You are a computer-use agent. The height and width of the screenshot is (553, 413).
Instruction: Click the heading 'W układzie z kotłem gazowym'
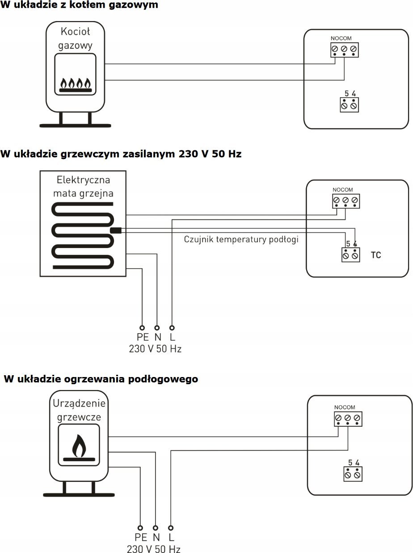point(79,5)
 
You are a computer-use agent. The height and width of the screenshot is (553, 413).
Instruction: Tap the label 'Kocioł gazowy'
point(75,39)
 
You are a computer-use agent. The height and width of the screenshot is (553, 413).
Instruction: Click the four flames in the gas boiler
point(76,83)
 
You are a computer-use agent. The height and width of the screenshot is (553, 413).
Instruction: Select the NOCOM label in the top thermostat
point(341,39)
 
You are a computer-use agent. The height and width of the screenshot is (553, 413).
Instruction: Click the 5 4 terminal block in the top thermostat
point(349,105)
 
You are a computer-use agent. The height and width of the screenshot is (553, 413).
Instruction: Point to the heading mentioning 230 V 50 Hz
point(121,154)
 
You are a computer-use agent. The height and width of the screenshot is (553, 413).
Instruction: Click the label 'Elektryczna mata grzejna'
point(83,187)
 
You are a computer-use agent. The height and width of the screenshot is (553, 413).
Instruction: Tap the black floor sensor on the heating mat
point(116,230)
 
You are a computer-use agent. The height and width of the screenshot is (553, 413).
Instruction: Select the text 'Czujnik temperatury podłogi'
point(241,239)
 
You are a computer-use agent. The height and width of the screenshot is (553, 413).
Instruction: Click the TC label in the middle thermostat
point(376,255)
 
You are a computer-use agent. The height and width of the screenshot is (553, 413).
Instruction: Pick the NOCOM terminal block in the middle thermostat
point(346,201)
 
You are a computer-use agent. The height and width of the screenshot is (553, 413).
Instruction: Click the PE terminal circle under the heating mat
point(142,328)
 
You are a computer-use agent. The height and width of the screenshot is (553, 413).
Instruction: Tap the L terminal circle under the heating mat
point(172,328)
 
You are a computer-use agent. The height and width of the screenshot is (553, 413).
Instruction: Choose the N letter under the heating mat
point(158,337)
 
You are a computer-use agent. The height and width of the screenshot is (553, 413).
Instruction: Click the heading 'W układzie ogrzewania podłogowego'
point(101,379)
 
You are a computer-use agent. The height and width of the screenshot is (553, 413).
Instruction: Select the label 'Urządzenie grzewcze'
point(79,410)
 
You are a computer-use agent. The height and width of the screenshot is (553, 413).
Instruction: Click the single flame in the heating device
point(79,446)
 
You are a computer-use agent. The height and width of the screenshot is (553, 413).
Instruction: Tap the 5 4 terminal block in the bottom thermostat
point(353,474)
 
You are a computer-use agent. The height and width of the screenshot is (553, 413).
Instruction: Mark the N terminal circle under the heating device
point(156,528)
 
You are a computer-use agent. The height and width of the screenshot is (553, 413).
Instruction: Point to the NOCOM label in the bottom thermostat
point(345,407)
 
